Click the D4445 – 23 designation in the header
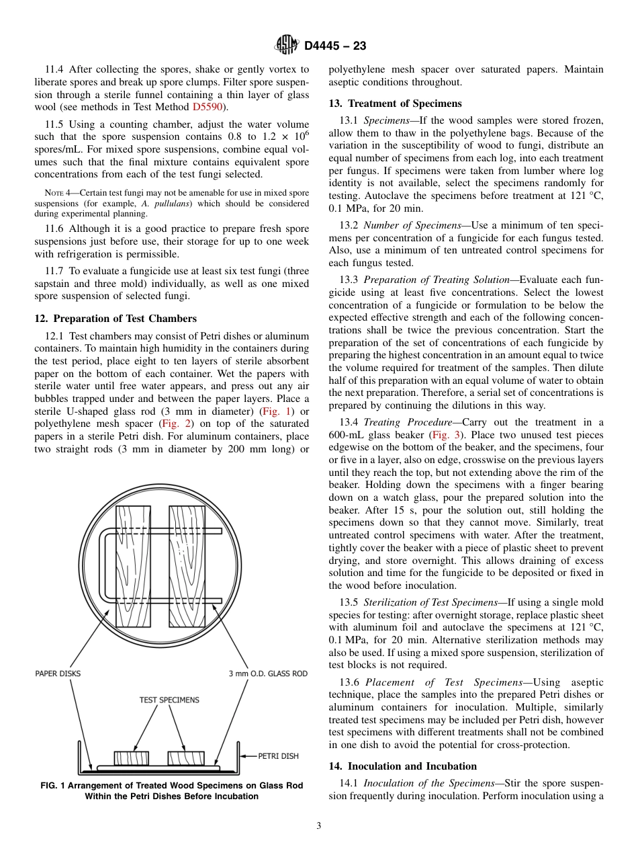[335, 46]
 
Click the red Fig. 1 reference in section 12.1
[276, 411]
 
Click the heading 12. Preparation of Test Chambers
[116, 319]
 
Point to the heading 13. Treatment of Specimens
[395, 104]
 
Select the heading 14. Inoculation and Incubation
[403, 766]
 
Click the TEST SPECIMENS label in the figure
[169, 700]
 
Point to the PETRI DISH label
[278, 756]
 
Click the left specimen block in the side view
[131, 758]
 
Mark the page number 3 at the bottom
[319, 826]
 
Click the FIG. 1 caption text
[171, 790]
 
